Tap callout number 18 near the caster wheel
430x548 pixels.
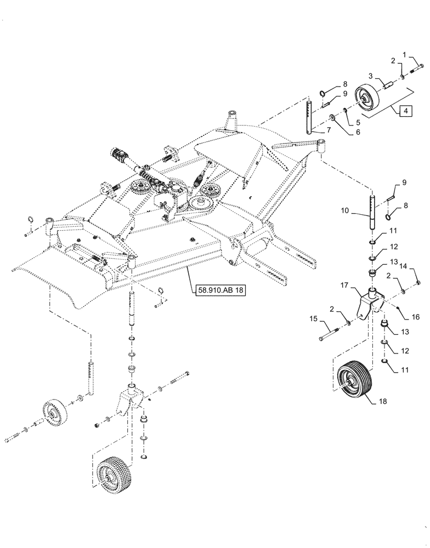[397, 402]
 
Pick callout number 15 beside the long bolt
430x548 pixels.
[313, 318]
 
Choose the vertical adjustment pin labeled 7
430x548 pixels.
[309, 118]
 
